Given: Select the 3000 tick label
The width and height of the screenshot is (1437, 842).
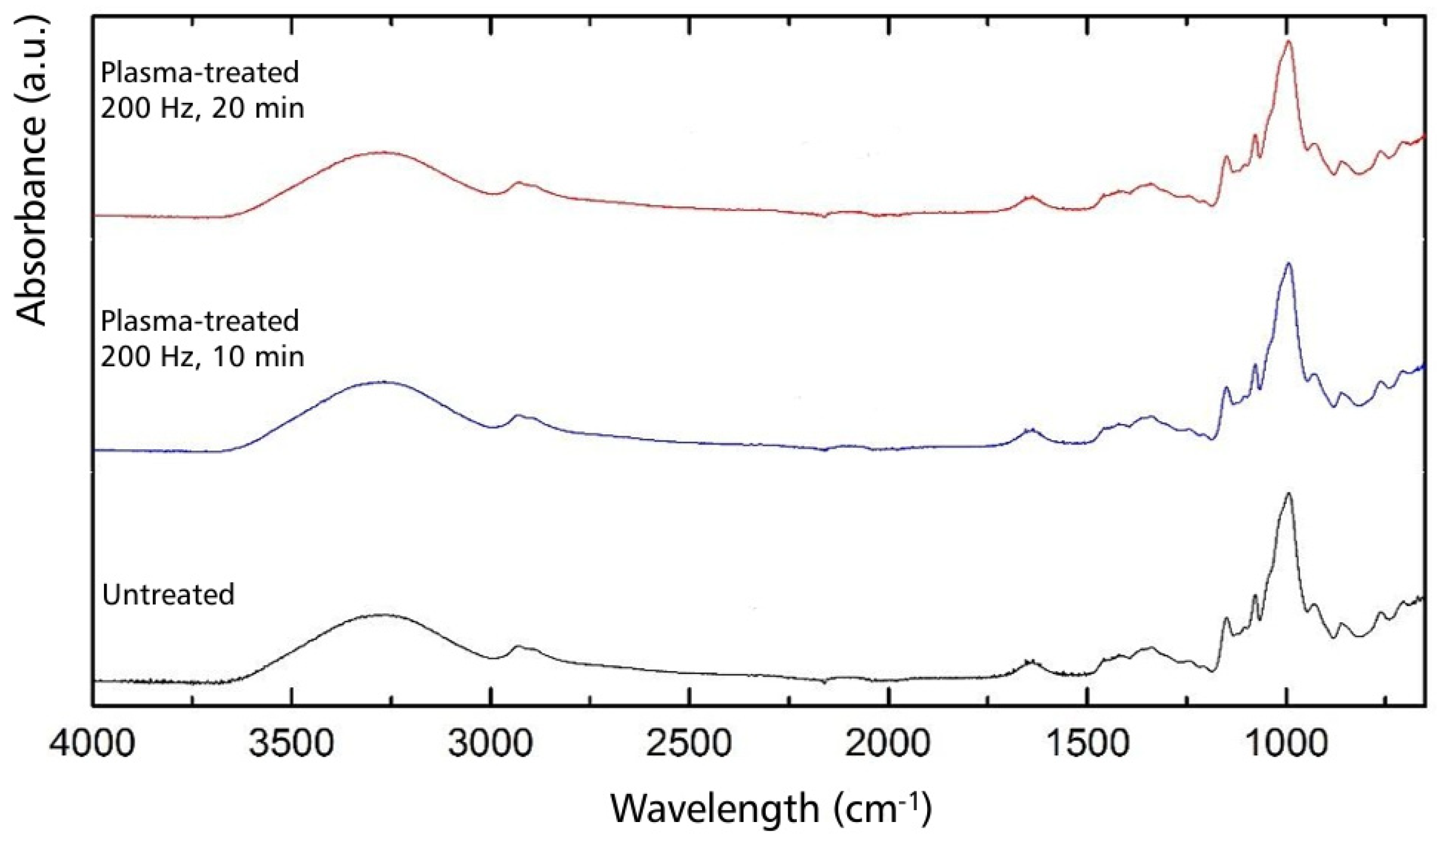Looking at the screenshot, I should (x=490, y=745).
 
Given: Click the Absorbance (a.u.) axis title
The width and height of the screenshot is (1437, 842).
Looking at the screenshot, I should (x=31, y=171).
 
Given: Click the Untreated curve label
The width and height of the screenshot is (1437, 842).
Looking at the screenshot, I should (x=168, y=595).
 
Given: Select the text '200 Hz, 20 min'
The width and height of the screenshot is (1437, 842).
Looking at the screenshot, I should (x=202, y=108).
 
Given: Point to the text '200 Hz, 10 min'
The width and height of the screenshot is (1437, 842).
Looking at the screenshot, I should (x=202, y=357).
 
